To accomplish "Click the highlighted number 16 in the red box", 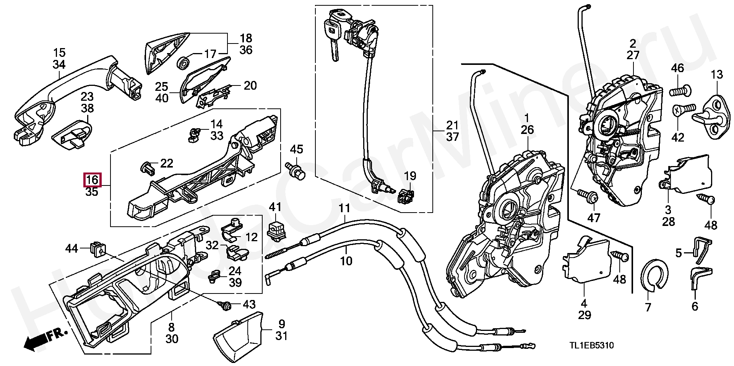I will click(92, 180).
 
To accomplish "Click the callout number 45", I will click(296, 149).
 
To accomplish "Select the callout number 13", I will click(717, 74).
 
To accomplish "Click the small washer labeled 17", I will click(184, 62).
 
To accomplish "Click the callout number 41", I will click(275, 207).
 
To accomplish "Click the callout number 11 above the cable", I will click(344, 208).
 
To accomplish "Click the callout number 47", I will click(594, 218).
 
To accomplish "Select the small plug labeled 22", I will click(147, 168).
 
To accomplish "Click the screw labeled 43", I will click(225, 304).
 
